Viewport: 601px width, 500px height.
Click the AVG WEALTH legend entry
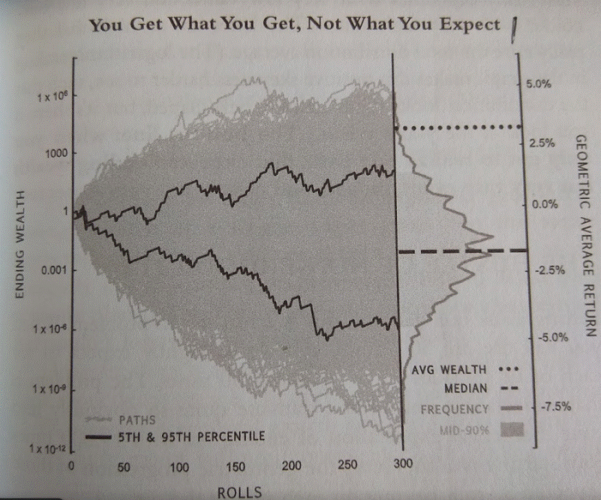(x=447, y=368)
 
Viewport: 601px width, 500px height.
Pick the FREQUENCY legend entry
(x=455, y=410)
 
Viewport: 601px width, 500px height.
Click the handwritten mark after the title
(x=513, y=30)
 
